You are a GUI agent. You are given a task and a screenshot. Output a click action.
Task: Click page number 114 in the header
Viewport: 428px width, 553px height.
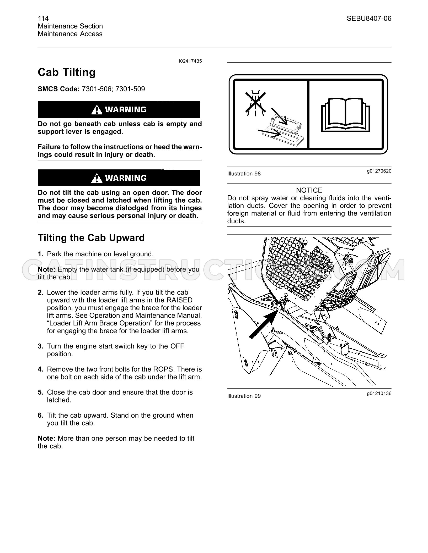coord(43,18)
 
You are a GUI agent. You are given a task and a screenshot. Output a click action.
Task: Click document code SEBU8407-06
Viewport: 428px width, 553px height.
coord(369,18)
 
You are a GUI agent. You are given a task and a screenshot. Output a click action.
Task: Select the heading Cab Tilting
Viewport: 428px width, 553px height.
coord(67,73)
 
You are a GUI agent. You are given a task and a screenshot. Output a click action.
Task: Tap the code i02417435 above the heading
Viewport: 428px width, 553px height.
coord(190,61)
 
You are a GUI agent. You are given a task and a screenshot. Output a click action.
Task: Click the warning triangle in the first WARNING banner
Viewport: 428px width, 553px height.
coord(97,110)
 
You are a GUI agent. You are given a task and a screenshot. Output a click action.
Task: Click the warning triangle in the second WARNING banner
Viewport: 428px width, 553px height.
coord(97,178)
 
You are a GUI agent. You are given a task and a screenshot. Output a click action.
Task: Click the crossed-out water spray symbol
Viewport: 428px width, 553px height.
coord(255,103)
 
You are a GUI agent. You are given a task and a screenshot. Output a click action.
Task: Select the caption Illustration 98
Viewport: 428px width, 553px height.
coord(244,174)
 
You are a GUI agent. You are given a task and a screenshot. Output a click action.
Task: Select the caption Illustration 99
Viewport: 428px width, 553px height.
coord(244,396)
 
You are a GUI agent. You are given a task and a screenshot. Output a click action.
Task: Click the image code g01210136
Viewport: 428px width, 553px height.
coord(379,393)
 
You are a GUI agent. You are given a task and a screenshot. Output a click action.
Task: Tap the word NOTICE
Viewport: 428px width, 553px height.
coord(309,190)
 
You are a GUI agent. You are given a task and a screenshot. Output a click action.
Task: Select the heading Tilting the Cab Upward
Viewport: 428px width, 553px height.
coord(91,238)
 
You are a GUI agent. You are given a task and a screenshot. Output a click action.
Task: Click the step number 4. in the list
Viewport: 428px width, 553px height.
coord(40,369)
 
